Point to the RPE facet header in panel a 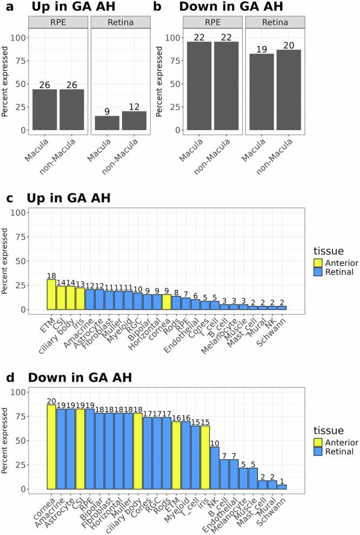click(58, 22)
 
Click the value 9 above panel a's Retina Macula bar click(106, 111)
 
